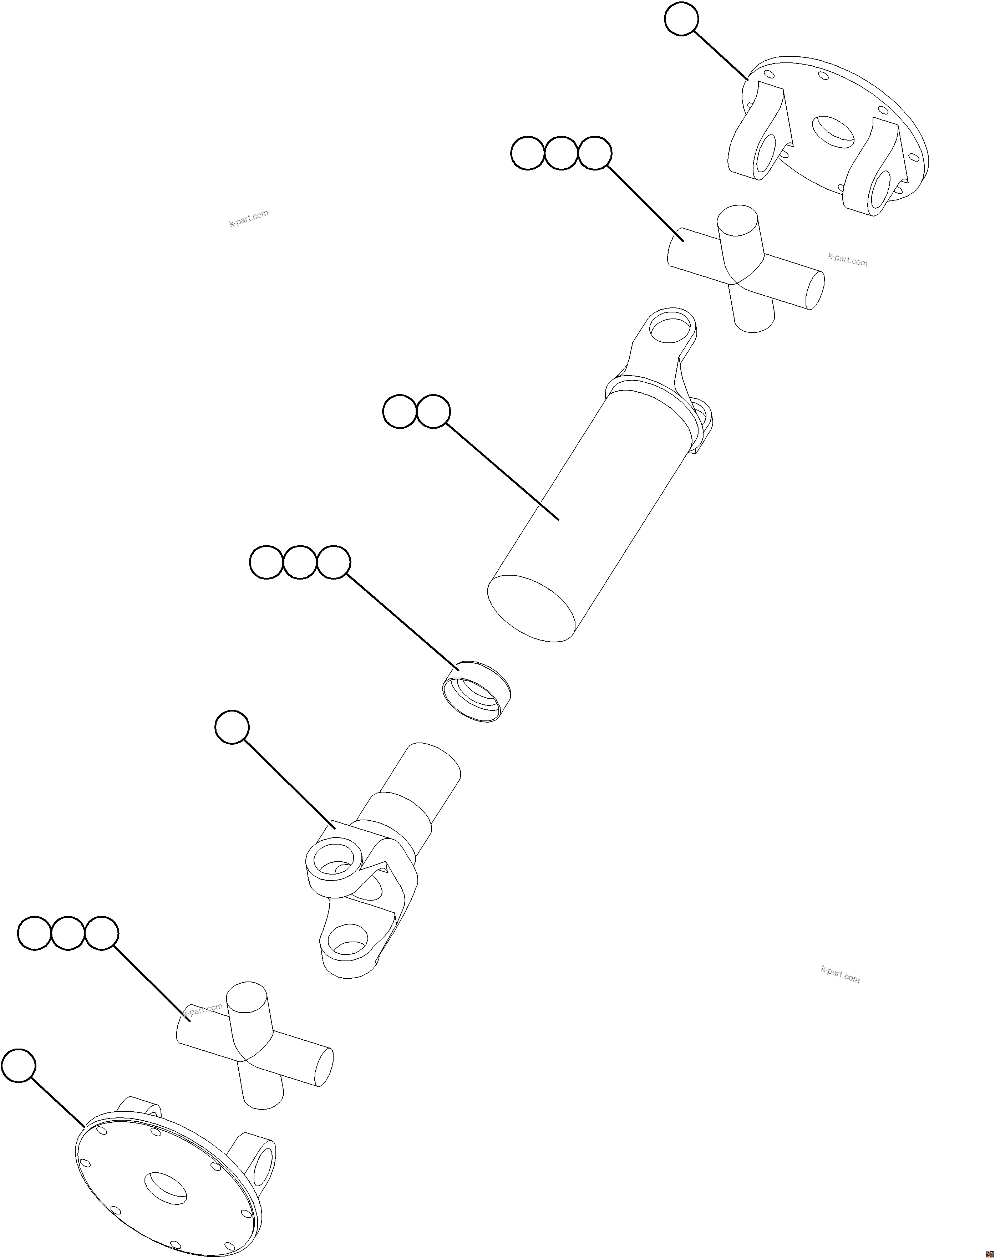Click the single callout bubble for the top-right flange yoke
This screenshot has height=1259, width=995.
tap(681, 19)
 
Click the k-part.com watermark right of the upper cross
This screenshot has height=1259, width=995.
tap(848, 259)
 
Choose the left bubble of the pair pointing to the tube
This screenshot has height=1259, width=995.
tap(400, 412)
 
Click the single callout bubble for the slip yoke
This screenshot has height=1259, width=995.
tap(232, 727)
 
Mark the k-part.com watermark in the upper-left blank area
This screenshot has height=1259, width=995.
tap(249, 218)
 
